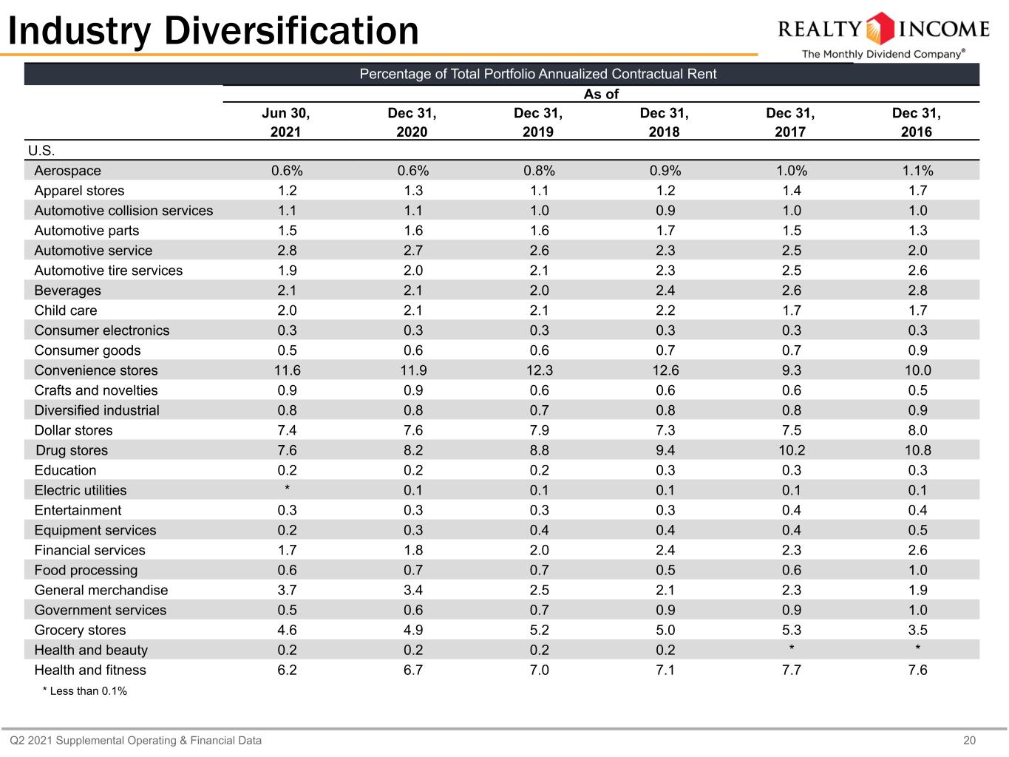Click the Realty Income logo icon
(x=880, y=29)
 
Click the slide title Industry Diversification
(x=214, y=31)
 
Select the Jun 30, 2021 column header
(x=286, y=122)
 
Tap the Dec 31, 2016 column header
(x=917, y=122)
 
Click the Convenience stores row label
(x=96, y=370)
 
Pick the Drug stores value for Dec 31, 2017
(x=792, y=450)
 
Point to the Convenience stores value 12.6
(x=665, y=370)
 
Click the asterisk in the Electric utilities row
(x=287, y=488)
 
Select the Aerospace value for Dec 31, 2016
(x=917, y=171)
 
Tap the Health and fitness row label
(x=90, y=670)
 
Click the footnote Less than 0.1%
(x=84, y=691)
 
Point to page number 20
(x=969, y=741)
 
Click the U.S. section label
(x=41, y=150)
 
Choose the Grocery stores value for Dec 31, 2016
(x=917, y=630)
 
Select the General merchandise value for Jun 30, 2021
(x=287, y=590)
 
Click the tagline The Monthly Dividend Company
(x=883, y=54)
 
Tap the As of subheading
(x=601, y=94)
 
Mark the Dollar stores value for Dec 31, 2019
(x=539, y=430)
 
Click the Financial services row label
(x=89, y=550)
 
